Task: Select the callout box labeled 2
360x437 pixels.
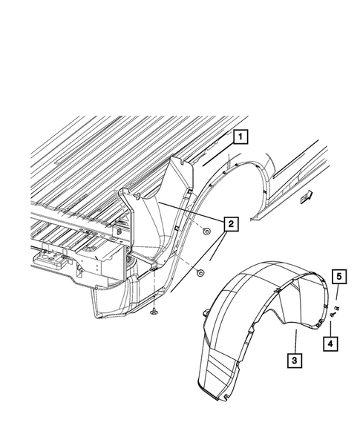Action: click(232, 223)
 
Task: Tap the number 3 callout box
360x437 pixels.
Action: click(295, 361)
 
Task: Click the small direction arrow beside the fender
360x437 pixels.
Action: click(305, 197)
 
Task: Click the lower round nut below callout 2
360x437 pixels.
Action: click(200, 273)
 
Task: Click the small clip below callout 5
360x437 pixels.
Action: click(337, 306)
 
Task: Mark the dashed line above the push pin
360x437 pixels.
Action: click(153, 293)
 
